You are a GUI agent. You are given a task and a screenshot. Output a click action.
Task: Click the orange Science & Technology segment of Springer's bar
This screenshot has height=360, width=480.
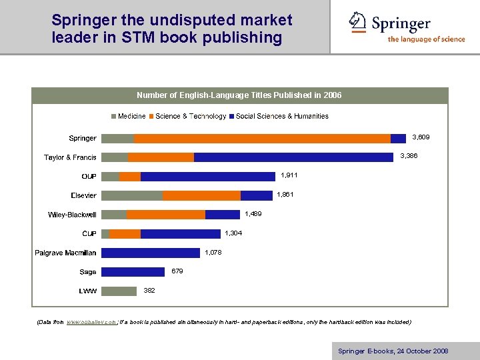[x=262, y=139]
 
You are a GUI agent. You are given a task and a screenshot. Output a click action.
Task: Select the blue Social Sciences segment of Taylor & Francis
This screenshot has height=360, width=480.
[x=293, y=157]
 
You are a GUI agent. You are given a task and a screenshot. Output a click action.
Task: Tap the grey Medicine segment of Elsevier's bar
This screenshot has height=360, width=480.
[x=132, y=195]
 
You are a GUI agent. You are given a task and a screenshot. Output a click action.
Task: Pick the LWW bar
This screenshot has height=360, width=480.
[x=119, y=291]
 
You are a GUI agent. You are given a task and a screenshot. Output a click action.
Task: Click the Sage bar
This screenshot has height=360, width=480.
[x=133, y=272]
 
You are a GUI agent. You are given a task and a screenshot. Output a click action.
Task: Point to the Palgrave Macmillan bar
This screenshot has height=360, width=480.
[x=150, y=253]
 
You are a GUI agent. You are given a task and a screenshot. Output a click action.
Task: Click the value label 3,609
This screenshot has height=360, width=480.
[x=421, y=137]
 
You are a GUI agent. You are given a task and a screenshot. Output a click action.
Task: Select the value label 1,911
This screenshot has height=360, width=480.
[x=289, y=175]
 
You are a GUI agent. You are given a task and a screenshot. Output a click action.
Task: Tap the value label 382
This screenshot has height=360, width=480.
[x=149, y=291]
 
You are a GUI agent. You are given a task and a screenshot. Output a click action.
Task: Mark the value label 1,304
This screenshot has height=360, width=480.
[x=233, y=233]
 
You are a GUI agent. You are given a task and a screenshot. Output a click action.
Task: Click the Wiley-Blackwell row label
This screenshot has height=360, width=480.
[x=72, y=215]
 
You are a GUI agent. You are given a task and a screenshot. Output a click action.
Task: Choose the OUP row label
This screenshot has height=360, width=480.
[x=89, y=177]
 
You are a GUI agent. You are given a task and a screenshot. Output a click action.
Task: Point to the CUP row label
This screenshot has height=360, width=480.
[x=89, y=234]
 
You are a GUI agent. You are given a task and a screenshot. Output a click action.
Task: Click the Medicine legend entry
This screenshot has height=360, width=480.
[x=128, y=117]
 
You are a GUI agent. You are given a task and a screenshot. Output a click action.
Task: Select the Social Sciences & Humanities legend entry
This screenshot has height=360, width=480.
[x=278, y=117]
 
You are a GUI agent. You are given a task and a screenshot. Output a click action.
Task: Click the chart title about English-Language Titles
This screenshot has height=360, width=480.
[x=239, y=95]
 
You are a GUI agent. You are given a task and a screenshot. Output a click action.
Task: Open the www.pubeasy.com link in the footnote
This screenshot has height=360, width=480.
[x=92, y=322]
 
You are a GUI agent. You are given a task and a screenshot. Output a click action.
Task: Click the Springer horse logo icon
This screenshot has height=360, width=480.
[x=358, y=23]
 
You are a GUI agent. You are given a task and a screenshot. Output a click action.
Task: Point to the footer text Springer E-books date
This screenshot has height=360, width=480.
[x=393, y=351]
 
